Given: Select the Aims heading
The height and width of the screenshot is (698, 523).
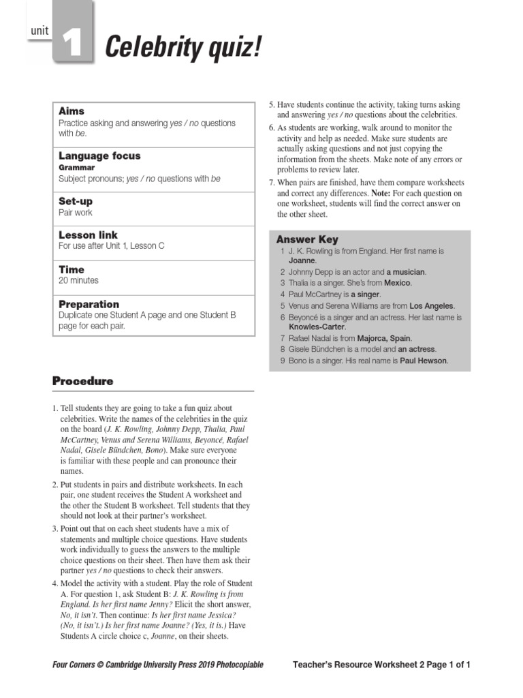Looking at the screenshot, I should pyautogui.click(x=72, y=111).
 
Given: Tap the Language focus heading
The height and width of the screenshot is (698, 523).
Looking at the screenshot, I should pyautogui.click(x=99, y=156).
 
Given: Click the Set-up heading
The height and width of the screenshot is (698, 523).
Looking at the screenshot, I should pyautogui.click(x=76, y=202).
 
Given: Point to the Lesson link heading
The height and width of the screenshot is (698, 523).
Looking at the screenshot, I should pyautogui.click(x=89, y=234).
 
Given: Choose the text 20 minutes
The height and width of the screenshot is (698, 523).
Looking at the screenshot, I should pyautogui.click(x=78, y=280).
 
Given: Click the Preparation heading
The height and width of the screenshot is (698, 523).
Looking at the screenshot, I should pyautogui.click(x=89, y=304).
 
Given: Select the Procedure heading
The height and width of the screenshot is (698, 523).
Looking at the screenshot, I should pyautogui.click(x=83, y=381).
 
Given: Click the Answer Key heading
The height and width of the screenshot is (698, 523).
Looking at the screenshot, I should pyautogui.click(x=307, y=239).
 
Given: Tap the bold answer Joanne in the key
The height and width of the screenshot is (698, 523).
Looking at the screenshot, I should pyautogui.click(x=302, y=260).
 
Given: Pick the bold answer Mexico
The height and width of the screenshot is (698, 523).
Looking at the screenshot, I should pyautogui.click(x=398, y=282).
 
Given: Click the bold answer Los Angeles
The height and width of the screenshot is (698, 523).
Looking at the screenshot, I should pyautogui.click(x=432, y=306).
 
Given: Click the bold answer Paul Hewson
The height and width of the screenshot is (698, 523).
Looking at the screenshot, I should pyautogui.click(x=423, y=361).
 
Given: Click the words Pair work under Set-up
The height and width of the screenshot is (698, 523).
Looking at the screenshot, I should pyautogui.click(x=76, y=213).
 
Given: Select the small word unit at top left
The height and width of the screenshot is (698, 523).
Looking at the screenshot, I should pyautogui.click(x=39, y=31).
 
